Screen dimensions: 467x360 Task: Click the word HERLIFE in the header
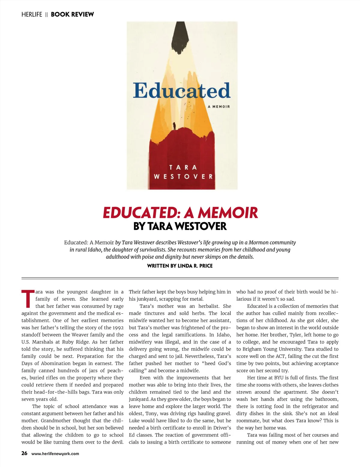click(x=32, y=14)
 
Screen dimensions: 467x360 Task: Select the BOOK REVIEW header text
click(x=72, y=14)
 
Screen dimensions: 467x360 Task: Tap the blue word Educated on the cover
click(x=181, y=91)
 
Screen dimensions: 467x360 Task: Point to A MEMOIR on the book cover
click(x=219, y=106)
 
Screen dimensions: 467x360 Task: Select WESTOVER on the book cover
click(x=183, y=177)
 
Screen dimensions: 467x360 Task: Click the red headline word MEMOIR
click(x=228, y=213)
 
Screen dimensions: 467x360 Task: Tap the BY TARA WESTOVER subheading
click(x=180, y=226)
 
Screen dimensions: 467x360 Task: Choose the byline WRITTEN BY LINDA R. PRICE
click(x=180, y=266)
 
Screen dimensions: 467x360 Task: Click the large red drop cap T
click(x=28, y=299)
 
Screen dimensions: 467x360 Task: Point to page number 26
click(x=24, y=453)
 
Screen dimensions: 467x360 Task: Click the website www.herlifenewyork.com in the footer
click(x=55, y=454)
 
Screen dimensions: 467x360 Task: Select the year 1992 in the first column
click(x=118, y=328)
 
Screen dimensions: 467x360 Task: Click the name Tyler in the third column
click(x=295, y=335)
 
